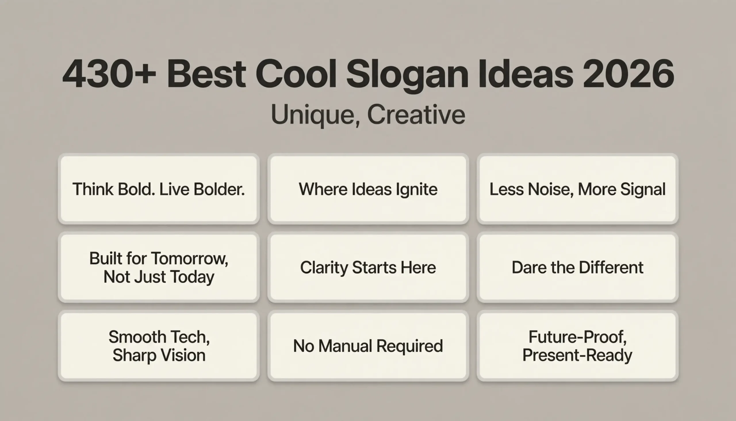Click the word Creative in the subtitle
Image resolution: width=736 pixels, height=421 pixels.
coord(416,115)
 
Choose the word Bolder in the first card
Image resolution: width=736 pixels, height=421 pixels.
coord(219,189)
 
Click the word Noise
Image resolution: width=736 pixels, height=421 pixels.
coord(551,190)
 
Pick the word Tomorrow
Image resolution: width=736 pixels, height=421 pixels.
coord(189,258)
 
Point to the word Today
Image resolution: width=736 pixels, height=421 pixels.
coord(192,277)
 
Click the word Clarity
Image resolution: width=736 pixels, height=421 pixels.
coord(324,268)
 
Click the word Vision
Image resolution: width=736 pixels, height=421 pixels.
coord(183,355)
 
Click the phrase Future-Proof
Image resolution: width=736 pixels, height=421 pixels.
coord(577,337)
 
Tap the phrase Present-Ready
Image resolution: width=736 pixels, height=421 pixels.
coord(577,355)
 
